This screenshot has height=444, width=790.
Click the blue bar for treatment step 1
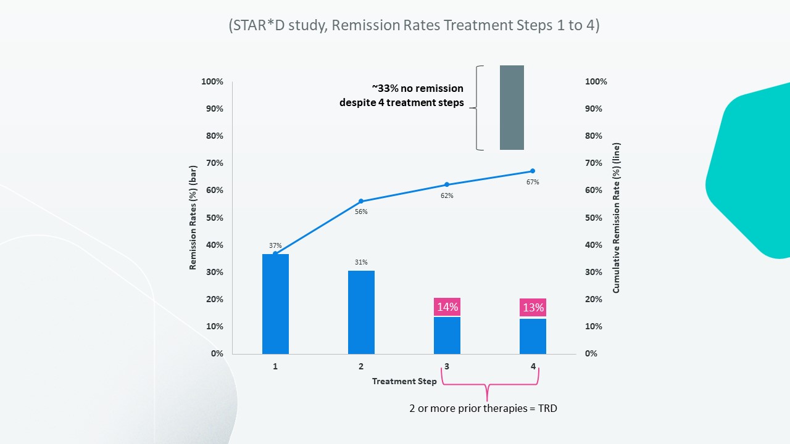click(x=275, y=303)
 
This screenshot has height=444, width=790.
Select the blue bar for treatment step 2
click(x=361, y=312)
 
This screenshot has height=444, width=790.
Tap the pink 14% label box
click(x=447, y=307)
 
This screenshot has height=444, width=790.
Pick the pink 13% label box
click(x=533, y=307)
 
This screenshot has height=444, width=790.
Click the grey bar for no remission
click(x=512, y=107)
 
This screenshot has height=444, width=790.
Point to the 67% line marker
click(x=533, y=171)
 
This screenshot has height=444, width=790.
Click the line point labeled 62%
click(x=447, y=184)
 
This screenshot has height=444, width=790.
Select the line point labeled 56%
click(x=361, y=201)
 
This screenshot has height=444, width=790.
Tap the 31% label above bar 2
click(x=361, y=262)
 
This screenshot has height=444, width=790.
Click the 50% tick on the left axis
click(x=214, y=218)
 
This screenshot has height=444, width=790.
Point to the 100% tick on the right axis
click(x=596, y=81)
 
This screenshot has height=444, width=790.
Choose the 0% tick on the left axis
click(x=217, y=353)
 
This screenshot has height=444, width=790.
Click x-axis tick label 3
click(x=447, y=366)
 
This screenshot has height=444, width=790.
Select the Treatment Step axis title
click(x=404, y=381)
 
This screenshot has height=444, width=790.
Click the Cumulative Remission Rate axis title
click(x=617, y=218)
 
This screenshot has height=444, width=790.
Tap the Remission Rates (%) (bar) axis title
click(x=193, y=218)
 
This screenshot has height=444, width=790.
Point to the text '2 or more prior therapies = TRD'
click(x=483, y=408)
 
